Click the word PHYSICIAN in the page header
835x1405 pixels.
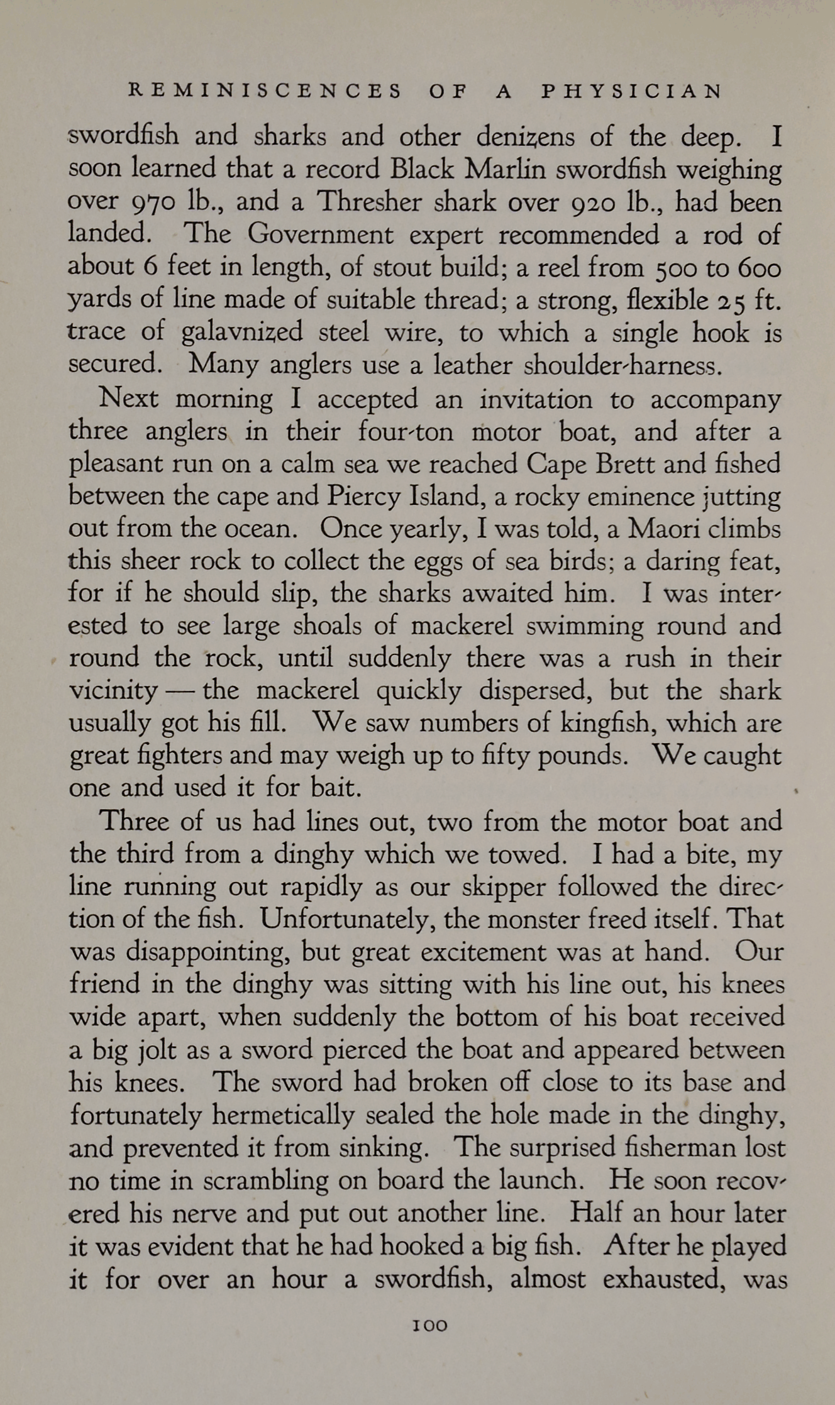tap(631, 92)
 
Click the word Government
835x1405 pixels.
tap(321, 234)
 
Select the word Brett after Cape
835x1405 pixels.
tap(622, 464)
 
